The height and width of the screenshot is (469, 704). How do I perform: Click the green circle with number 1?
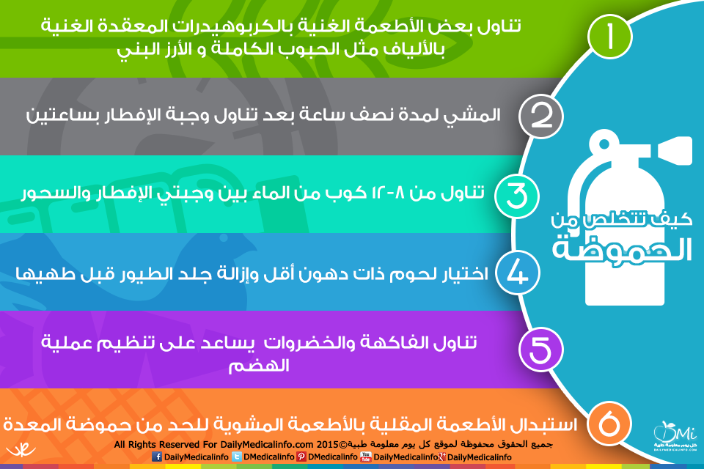[x=610, y=37]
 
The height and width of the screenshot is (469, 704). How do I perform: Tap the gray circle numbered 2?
[x=541, y=117]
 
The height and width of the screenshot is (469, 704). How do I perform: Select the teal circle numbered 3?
[x=517, y=196]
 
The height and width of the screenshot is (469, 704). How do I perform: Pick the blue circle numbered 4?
[x=517, y=273]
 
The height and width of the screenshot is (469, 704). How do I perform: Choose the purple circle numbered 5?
[x=541, y=350]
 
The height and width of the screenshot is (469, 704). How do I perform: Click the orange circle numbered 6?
[x=609, y=424]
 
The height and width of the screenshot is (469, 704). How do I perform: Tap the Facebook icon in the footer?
[x=157, y=457]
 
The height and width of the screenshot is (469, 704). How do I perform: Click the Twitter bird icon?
[x=236, y=457]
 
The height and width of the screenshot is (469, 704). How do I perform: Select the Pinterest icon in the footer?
[x=301, y=457]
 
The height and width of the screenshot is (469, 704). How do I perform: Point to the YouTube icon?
[x=366, y=457]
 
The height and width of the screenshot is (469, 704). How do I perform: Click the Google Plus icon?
[x=442, y=457]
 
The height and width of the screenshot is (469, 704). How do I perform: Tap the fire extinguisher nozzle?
[x=675, y=150]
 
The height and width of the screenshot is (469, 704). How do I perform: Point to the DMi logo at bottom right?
[x=675, y=435]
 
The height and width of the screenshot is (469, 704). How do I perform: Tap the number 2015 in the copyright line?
[x=327, y=445]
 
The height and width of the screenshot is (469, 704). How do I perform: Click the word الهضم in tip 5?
[x=259, y=366]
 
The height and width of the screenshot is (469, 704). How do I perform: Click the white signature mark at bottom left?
[x=21, y=449]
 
